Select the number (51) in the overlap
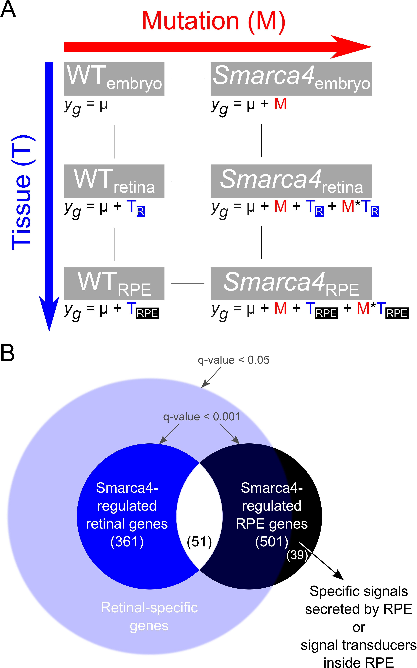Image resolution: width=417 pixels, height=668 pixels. pos(199,542)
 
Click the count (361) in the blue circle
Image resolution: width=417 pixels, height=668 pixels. pos(127,542)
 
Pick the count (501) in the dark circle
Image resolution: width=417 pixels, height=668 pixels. pos(272,542)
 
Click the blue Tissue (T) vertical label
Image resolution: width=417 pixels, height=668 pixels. pos(22,192)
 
